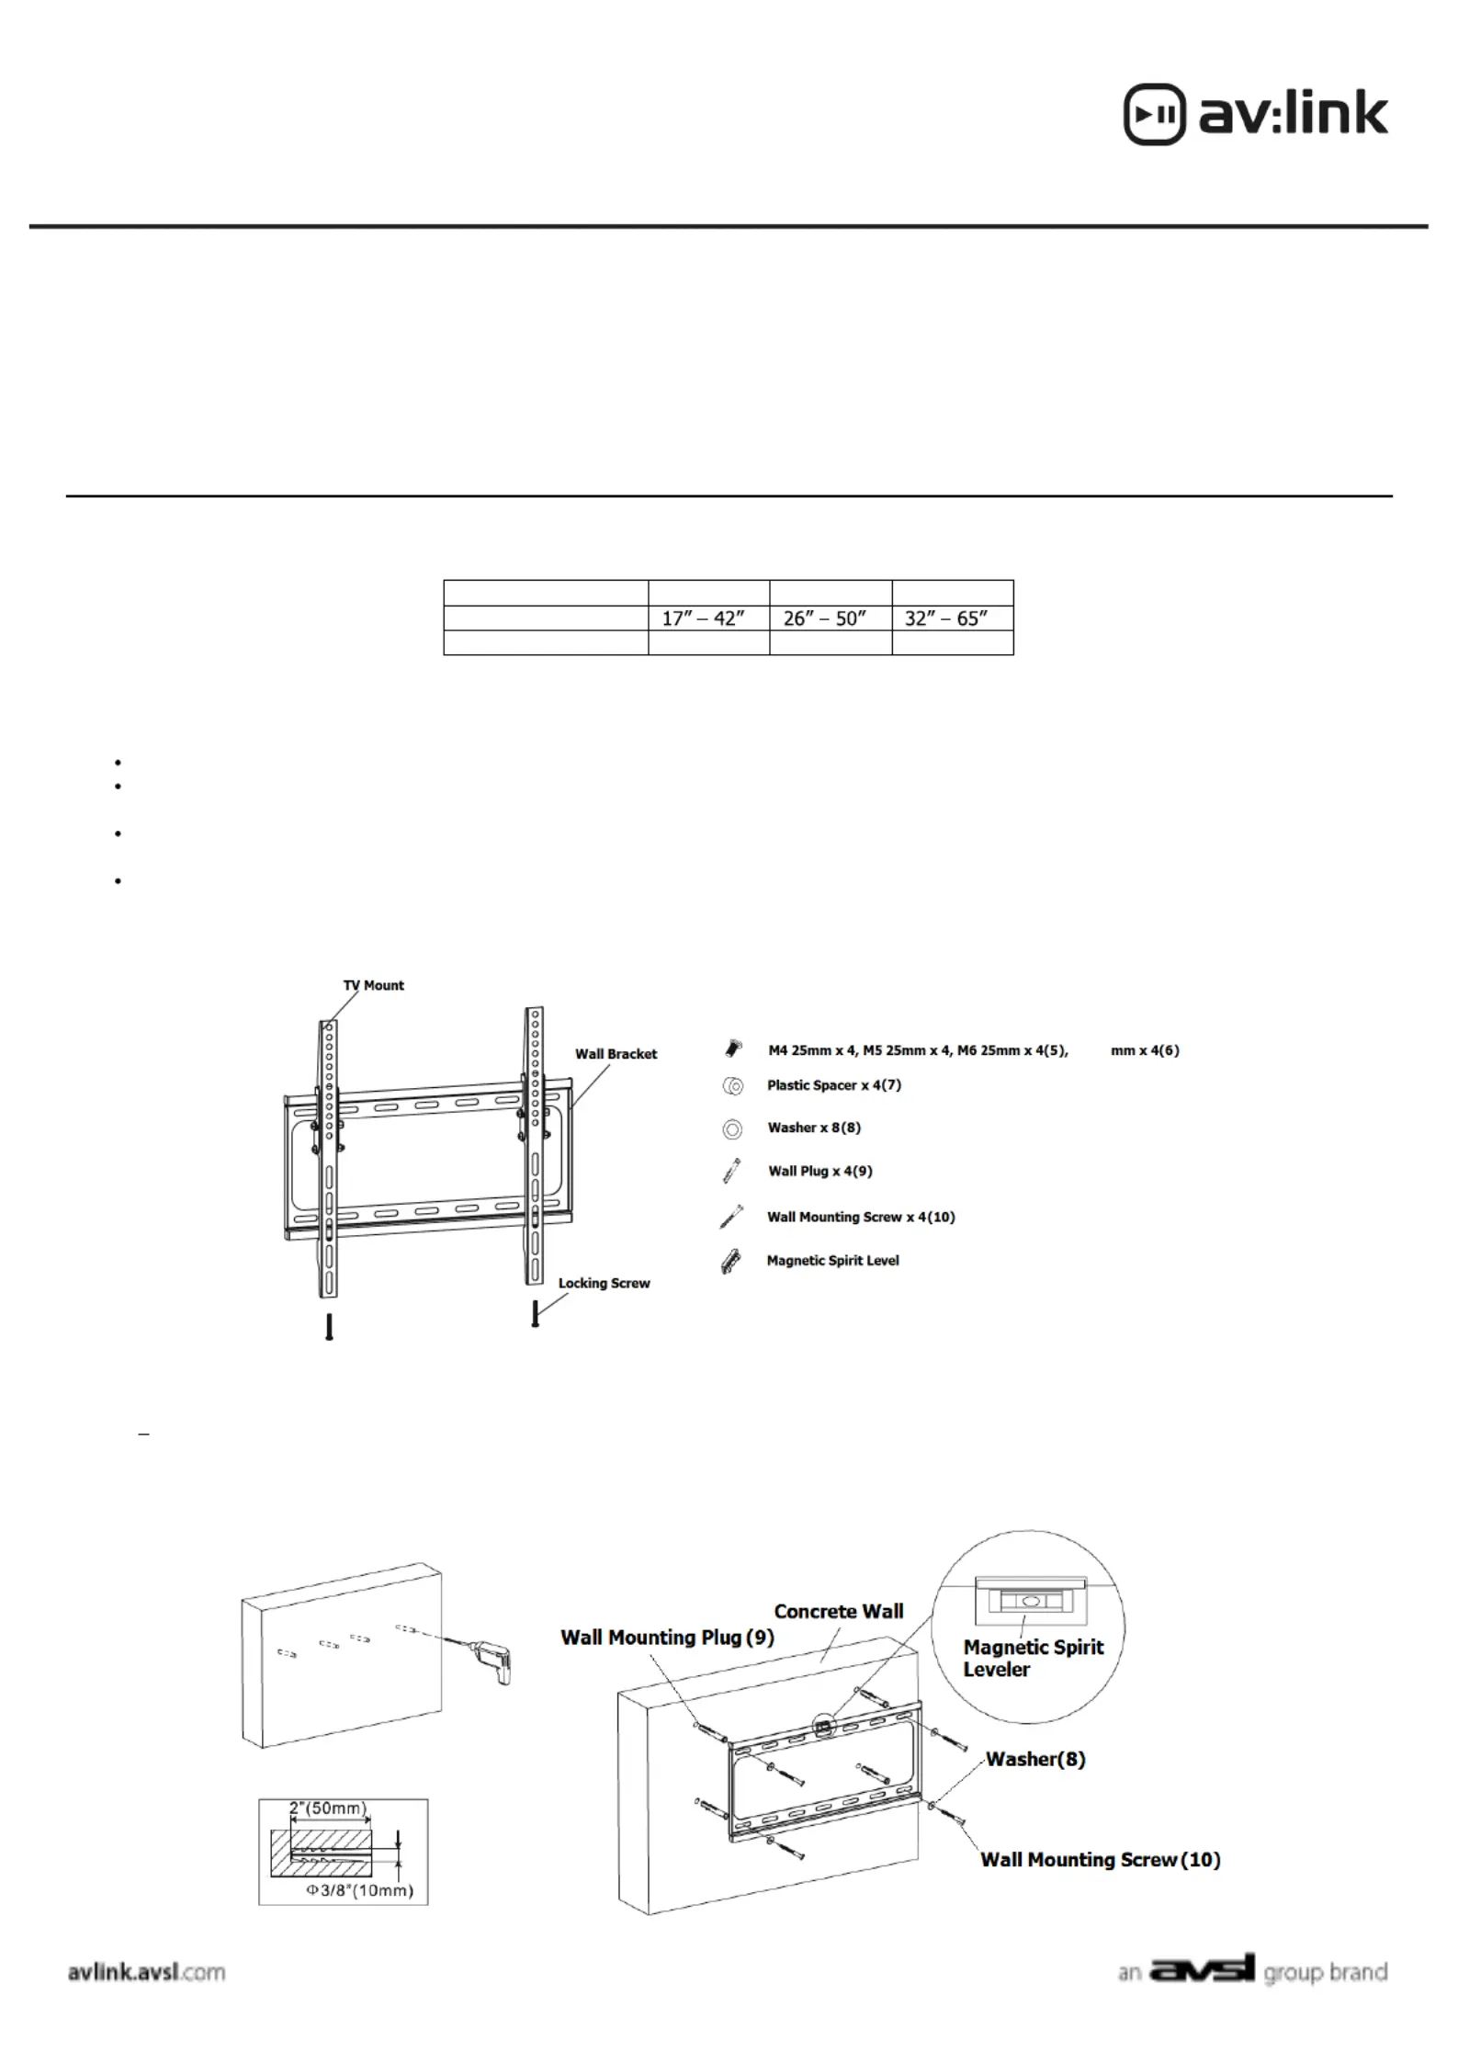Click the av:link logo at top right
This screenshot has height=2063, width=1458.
tap(1255, 115)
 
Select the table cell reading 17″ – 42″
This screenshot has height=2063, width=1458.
tap(703, 618)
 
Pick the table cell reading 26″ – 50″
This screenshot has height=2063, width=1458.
tap(825, 618)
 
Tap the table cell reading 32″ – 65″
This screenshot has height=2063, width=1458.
tap(946, 618)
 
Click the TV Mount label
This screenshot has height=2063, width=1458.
tap(373, 986)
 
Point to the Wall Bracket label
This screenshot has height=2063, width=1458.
tap(616, 1054)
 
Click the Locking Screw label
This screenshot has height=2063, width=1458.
tap(604, 1283)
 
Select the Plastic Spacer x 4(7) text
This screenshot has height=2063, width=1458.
tap(833, 1085)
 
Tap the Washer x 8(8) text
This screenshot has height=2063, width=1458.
tap(814, 1128)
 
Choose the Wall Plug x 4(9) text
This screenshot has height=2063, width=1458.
tap(820, 1171)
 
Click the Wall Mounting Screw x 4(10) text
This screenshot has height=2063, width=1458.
tap(861, 1217)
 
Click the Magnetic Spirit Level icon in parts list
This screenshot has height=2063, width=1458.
tap(731, 1263)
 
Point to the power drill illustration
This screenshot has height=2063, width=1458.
tap(494, 1660)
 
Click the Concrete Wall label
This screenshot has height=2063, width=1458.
tap(838, 1611)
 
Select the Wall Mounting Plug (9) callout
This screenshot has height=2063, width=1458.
tap(667, 1638)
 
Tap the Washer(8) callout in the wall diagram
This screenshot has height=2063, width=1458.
tap(1035, 1759)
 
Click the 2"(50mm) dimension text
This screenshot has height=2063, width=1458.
tap(328, 1808)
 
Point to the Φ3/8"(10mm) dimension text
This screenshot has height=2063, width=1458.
tap(359, 1890)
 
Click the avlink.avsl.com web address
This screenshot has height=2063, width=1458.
tap(147, 1972)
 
